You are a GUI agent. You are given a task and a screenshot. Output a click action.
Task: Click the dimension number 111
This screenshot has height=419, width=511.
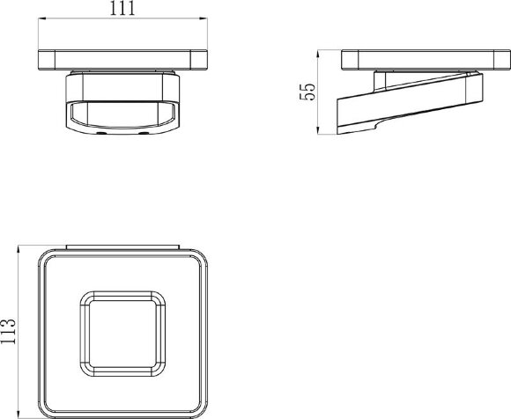[122, 9]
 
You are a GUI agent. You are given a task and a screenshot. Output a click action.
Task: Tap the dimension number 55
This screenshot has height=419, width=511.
[307, 92]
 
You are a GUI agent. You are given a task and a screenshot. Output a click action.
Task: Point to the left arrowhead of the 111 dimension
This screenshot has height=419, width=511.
[42, 18]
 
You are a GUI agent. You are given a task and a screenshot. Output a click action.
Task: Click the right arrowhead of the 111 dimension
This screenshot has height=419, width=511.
[204, 18]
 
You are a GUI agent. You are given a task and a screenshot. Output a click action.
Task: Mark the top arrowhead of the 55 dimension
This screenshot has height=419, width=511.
[318, 54]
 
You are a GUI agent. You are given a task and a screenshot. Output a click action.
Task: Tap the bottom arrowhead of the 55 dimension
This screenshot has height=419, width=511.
[318, 130]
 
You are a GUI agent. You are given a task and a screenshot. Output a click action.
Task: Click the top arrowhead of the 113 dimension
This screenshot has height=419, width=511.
[19, 250]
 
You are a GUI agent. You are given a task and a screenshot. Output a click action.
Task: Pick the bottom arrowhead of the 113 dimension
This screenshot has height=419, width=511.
[19, 414]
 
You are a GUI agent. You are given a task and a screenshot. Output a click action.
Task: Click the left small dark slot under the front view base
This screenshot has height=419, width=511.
[101, 134]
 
